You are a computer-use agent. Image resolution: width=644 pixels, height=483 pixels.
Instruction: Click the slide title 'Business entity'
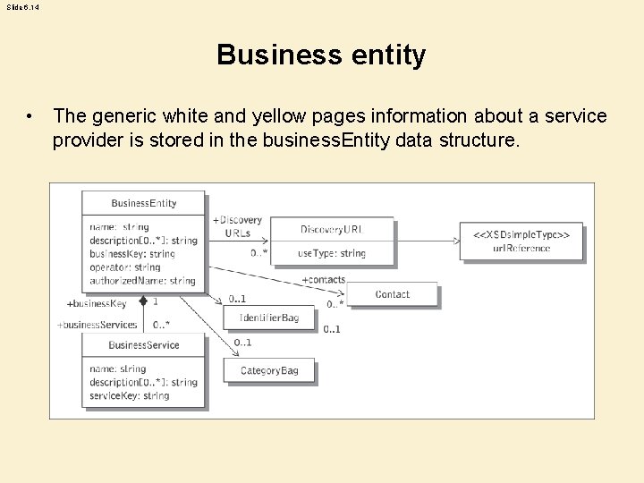click(x=321, y=55)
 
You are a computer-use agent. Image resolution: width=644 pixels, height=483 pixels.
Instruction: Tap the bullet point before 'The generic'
click(x=30, y=117)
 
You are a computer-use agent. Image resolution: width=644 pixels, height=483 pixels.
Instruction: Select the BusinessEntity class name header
click(x=143, y=203)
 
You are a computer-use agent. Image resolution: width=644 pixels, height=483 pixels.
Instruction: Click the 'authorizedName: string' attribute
click(x=142, y=280)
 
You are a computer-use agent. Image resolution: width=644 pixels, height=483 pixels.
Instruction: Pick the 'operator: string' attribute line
click(x=124, y=267)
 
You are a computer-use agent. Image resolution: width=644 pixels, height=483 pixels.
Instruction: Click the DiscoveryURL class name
click(x=332, y=230)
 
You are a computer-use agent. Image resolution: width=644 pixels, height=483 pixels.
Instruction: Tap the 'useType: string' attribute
click(x=332, y=253)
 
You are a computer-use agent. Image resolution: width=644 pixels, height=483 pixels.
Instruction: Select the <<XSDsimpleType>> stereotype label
click(x=521, y=234)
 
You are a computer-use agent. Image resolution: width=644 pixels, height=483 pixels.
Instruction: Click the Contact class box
click(x=392, y=294)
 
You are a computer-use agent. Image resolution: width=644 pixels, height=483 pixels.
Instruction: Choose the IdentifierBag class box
click(x=269, y=318)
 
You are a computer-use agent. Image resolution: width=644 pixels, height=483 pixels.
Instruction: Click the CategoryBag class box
click(x=269, y=370)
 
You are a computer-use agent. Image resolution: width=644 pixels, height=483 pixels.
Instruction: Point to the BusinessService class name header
click(x=143, y=345)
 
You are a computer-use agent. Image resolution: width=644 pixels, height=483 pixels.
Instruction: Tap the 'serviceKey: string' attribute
click(x=129, y=395)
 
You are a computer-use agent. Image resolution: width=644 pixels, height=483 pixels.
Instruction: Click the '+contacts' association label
click(x=323, y=280)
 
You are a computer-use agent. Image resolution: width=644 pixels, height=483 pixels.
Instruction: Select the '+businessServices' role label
click(x=97, y=325)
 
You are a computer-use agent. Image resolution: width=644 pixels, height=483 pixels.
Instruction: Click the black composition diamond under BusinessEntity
click(x=143, y=301)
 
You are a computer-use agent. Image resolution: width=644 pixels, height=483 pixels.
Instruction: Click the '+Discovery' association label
click(x=237, y=220)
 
